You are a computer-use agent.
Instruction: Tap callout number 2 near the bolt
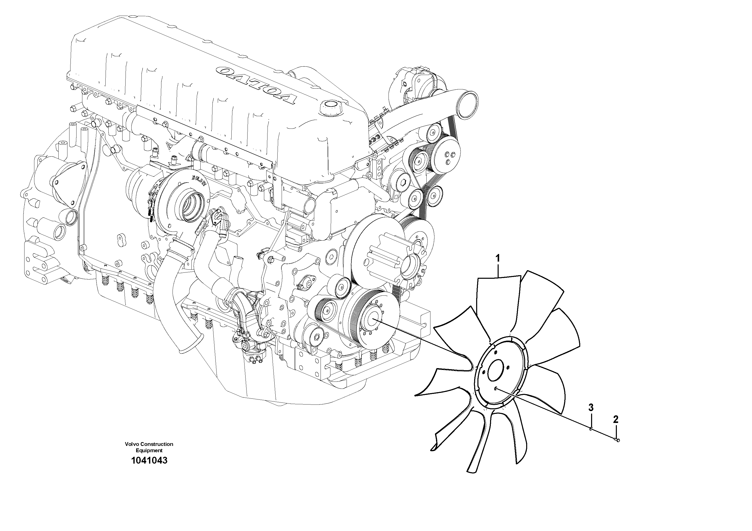pyautogui.click(x=616, y=419)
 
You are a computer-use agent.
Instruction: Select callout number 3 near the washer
pyautogui.click(x=591, y=407)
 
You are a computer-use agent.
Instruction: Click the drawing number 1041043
pyautogui.click(x=149, y=461)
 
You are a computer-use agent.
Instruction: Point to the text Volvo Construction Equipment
pyautogui.click(x=149, y=447)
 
